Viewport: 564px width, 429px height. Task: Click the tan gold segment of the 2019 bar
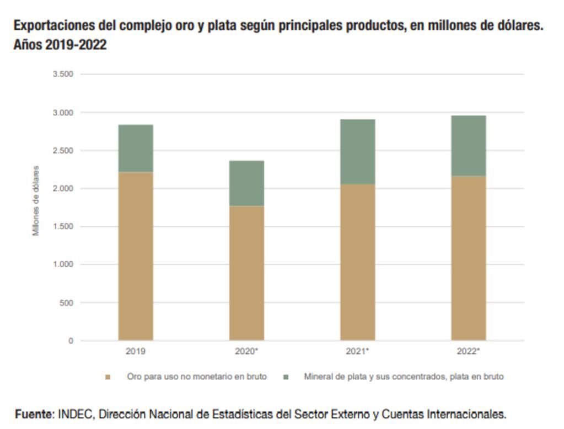tap(136, 256)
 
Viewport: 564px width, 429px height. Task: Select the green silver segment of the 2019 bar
tap(136, 148)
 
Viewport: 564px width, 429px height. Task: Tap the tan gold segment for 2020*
tap(246, 273)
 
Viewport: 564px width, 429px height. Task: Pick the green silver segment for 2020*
tap(246, 183)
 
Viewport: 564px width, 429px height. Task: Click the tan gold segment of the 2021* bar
tap(357, 262)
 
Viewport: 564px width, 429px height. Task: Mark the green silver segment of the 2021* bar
tap(357, 151)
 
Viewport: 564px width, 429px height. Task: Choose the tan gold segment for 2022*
tap(468, 258)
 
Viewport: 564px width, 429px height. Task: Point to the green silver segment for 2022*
tap(468, 146)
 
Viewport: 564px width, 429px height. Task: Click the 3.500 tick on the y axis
tap(63, 74)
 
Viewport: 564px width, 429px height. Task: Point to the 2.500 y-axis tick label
tap(63, 150)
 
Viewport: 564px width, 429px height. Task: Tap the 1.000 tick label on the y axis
tap(63, 264)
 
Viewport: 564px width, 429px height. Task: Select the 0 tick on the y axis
tap(71, 341)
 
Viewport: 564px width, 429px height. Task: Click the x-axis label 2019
tap(136, 351)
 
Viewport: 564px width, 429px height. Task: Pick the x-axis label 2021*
tap(357, 351)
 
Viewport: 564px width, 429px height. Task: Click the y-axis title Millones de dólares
tap(36, 200)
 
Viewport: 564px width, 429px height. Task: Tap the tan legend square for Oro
tap(108, 377)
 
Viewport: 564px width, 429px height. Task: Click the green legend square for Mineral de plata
tap(286, 377)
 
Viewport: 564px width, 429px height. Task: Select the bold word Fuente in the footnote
tap(34, 414)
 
